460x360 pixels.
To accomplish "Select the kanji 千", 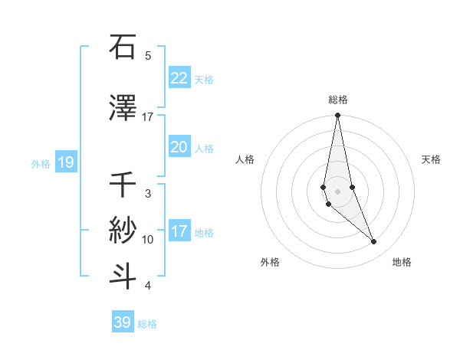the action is [123, 184].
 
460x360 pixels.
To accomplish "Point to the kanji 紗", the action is [123, 228].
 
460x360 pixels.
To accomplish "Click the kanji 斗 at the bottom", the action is [123, 276].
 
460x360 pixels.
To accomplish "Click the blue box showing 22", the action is [179, 77].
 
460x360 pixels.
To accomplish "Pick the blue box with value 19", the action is [65, 162].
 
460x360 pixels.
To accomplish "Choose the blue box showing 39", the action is [122, 322].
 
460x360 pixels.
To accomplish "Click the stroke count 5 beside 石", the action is [148, 55].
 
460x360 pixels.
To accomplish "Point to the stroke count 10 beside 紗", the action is [148, 240].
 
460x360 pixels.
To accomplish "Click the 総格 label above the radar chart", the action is [337, 100].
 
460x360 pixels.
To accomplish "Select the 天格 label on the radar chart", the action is [431, 159].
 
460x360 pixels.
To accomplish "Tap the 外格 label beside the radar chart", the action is [270, 262].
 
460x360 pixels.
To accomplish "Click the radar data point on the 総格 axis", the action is [337, 116].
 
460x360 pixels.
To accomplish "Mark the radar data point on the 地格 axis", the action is [374, 242].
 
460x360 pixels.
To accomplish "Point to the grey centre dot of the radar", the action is [337, 191].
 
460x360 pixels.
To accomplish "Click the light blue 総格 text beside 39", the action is [147, 324].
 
